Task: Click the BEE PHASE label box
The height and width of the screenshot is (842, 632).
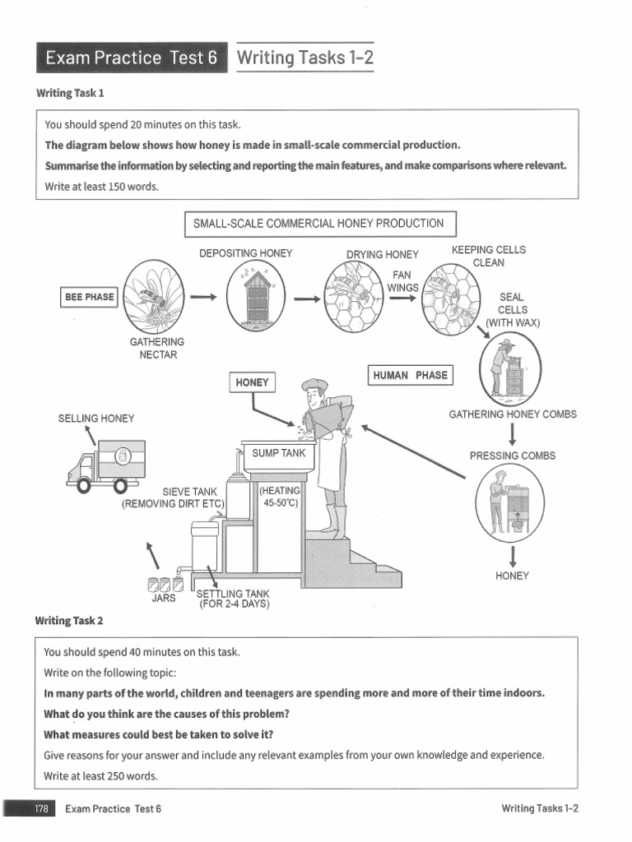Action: click(x=89, y=297)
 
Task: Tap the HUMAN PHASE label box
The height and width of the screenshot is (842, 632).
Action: click(x=411, y=375)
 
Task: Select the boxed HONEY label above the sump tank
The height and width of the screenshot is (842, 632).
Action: click(x=252, y=382)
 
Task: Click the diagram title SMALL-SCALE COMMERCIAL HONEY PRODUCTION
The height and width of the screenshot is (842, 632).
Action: click(x=320, y=224)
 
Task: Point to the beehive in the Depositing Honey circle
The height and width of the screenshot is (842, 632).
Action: click(x=257, y=298)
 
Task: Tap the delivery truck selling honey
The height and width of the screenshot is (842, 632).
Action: click(x=106, y=466)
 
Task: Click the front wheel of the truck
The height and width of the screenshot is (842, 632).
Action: click(x=84, y=485)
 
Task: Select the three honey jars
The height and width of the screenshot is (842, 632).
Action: click(x=165, y=585)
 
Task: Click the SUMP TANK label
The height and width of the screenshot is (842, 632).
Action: click(x=278, y=453)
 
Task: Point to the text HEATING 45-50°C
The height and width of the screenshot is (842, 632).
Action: click(x=280, y=497)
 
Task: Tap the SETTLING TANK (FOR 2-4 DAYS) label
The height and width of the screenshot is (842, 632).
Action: click(x=233, y=599)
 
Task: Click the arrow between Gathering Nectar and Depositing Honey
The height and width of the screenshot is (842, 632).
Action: click(x=203, y=296)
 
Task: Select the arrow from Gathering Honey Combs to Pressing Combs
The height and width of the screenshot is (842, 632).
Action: click(x=513, y=434)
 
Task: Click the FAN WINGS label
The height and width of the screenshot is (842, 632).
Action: click(x=402, y=281)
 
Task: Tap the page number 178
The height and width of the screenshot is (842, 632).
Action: click(x=41, y=809)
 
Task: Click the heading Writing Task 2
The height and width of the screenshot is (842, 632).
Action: click(x=69, y=621)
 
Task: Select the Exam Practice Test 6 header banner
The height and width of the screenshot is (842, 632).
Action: click(x=132, y=58)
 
